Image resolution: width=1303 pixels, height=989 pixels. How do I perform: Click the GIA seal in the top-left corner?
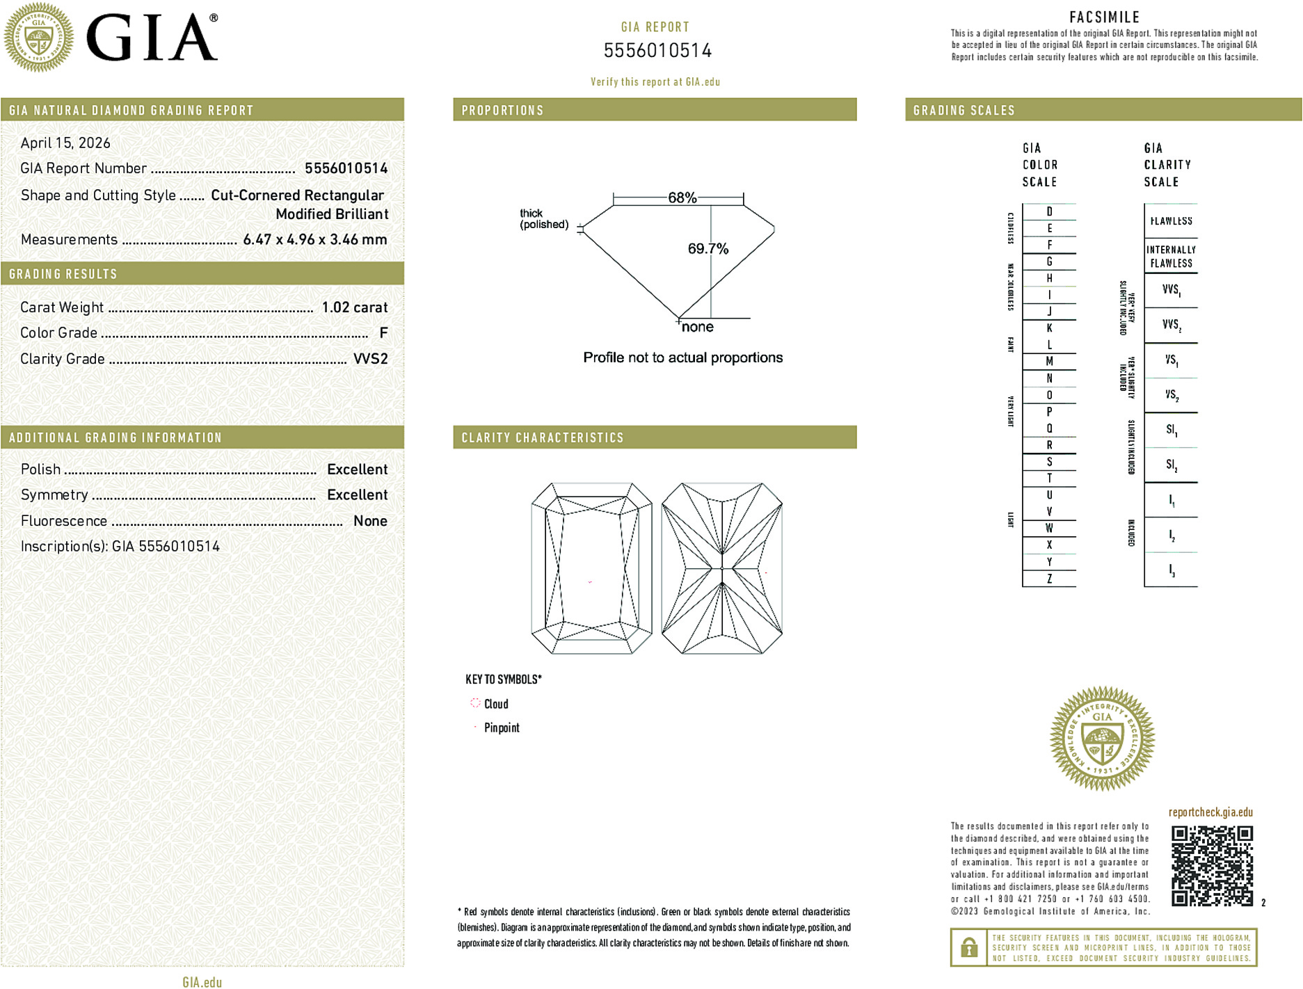pyautogui.click(x=39, y=38)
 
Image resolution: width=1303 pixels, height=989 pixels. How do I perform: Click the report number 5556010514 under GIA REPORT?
pyautogui.click(x=657, y=51)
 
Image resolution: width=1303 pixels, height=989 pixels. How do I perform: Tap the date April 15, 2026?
pyautogui.click(x=65, y=143)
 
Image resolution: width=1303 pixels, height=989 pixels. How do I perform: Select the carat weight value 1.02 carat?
pyautogui.click(x=354, y=307)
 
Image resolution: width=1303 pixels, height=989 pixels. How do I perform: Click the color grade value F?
pyautogui.click(x=383, y=333)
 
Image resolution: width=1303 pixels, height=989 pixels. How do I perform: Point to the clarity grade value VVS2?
pyautogui.click(x=370, y=359)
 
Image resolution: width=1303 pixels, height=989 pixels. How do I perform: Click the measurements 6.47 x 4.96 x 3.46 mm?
pyautogui.click(x=314, y=240)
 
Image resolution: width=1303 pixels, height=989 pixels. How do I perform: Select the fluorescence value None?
pyautogui.click(x=370, y=521)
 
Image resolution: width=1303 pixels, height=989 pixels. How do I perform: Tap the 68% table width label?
pyautogui.click(x=682, y=198)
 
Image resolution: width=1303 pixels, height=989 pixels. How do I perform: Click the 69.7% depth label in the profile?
pyautogui.click(x=708, y=249)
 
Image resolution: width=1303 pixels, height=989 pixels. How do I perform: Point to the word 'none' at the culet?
pyautogui.click(x=697, y=328)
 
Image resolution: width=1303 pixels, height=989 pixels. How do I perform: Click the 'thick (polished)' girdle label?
pyautogui.click(x=543, y=219)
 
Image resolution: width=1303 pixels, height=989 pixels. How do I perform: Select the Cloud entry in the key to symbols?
pyautogui.click(x=495, y=704)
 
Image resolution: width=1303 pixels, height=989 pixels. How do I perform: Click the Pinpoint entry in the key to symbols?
pyautogui.click(x=501, y=727)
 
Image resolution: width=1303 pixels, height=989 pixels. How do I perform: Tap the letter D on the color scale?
pyautogui.click(x=1049, y=211)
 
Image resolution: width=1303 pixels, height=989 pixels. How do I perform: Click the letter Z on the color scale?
pyautogui.click(x=1049, y=579)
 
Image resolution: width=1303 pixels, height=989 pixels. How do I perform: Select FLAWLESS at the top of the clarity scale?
pyautogui.click(x=1171, y=221)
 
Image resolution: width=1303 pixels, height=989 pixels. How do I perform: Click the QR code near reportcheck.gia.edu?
pyautogui.click(x=1212, y=866)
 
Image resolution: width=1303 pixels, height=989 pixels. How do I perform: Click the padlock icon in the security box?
pyautogui.click(x=968, y=947)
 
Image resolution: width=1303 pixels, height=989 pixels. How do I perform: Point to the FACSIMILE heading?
pyautogui.click(x=1104, y=17)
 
